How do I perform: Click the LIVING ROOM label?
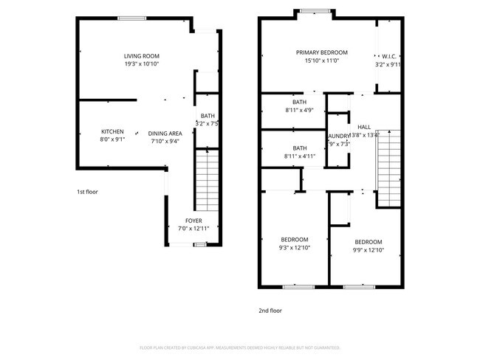141,56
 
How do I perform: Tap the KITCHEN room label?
112,132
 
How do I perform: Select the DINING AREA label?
165,133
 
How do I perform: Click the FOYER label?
193,221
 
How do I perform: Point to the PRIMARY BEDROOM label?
321,52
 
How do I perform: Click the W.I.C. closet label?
389,56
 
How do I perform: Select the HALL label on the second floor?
364,127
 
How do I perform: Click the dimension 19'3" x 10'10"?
141,64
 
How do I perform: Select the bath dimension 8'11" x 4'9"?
299,111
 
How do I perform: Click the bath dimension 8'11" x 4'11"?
299,156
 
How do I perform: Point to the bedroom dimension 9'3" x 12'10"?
295,248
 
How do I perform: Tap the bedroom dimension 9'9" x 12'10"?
368,251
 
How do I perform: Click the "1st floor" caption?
87,192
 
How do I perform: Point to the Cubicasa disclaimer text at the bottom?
239,347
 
